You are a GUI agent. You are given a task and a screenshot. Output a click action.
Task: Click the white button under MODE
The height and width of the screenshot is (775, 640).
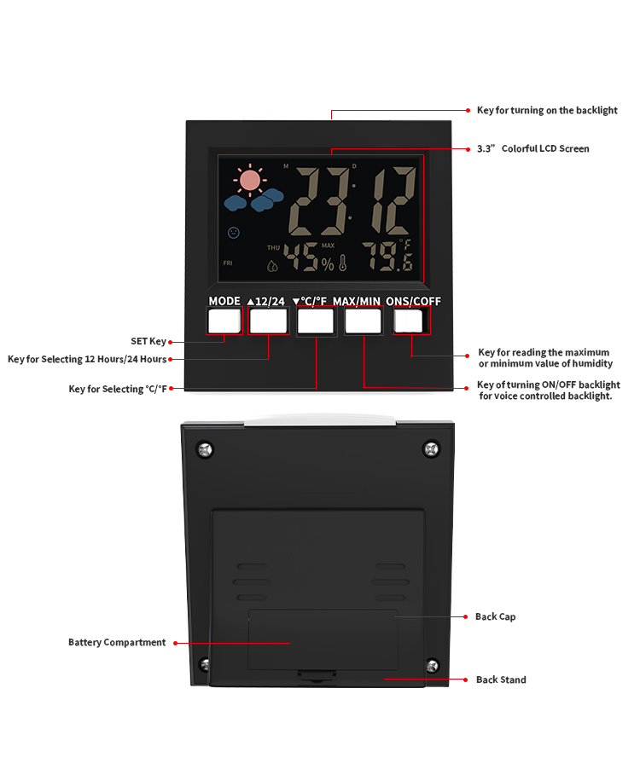coord(224,321)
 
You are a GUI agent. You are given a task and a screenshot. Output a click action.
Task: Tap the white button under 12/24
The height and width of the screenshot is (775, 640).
coord(269,321)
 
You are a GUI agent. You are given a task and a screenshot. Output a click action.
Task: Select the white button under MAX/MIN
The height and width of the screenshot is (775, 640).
coord(364,321)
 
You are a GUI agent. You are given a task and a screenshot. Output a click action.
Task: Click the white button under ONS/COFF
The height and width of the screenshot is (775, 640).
coord(409,321)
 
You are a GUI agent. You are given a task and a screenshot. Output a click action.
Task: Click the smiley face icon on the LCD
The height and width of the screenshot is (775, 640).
coord(234,232)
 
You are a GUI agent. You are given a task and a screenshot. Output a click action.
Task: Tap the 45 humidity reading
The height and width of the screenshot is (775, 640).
coord(300,257)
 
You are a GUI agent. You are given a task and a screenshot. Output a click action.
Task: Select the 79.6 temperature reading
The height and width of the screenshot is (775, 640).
coord(387,257)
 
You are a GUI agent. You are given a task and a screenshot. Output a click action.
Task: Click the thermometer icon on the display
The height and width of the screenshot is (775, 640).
coord(343,263)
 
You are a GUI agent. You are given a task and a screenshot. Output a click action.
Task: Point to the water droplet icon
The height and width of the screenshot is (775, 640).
coord(272,266)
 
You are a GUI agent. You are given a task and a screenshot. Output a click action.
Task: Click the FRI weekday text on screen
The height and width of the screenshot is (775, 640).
coord(228,263)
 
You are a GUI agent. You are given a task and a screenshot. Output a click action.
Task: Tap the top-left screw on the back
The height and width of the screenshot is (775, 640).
coord(205,450)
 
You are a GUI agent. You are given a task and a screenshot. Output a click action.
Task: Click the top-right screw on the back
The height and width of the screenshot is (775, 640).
coord(431,448)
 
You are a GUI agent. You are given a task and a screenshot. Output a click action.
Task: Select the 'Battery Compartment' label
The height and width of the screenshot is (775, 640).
coord(117,643)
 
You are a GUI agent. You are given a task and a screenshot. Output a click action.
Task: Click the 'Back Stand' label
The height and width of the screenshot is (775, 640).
coord(501,680)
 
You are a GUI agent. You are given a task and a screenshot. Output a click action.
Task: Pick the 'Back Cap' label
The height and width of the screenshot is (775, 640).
coord(495,616)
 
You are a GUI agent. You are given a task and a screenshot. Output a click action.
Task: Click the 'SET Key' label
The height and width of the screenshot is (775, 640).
coord(148,342)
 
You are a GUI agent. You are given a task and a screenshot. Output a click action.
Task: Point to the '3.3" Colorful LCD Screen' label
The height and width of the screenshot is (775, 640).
coord(532,148)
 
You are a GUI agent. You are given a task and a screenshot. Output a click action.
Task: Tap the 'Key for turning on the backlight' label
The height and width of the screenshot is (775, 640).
coord(547,110)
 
